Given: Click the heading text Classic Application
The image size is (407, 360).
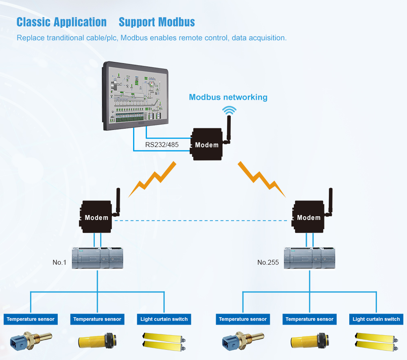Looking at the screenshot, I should [61, 22].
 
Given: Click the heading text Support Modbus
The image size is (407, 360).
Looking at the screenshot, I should [157, 22].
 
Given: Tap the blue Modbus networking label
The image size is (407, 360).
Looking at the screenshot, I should [228, 97].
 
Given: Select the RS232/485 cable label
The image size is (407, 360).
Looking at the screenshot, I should [162, 145].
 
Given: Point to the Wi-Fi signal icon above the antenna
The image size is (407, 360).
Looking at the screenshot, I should [229, 110].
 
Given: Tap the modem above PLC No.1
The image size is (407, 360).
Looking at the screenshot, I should [97, 217].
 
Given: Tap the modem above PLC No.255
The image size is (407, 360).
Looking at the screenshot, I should [309, 217].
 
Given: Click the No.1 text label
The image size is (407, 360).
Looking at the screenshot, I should [59, 262].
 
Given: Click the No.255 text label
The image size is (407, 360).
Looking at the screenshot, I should [268, 262].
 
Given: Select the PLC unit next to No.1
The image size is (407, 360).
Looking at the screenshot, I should [97, 258].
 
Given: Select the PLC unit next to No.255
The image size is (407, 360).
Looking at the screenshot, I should [309, 258].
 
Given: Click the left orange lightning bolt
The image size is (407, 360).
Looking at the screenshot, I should [152, 179].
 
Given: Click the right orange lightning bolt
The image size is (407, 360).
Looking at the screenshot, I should [262, 179].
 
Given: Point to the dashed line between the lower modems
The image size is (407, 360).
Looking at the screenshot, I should [203, 220].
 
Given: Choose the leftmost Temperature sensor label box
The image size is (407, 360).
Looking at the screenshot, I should [31, 319].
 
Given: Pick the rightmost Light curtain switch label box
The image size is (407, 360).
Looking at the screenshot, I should [376, 319].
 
